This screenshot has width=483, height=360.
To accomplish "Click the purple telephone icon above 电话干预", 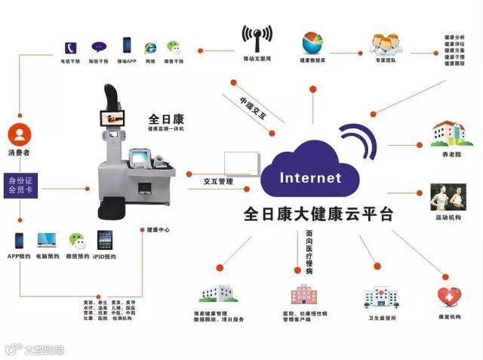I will pos(71,45).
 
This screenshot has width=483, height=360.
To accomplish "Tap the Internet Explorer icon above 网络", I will pos(150,45).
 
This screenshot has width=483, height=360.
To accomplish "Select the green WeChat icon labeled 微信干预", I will pos(174,45).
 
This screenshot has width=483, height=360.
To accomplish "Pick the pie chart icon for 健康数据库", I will pos(313,42).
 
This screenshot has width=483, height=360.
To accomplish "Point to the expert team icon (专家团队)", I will pos(385,42).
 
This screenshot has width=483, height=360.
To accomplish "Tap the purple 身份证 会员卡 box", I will pos(22,185).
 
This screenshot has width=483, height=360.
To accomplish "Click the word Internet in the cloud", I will pos(310,178).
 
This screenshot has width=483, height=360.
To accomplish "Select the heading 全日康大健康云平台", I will pos(318,214).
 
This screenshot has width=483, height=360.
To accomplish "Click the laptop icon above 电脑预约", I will pos(48,241).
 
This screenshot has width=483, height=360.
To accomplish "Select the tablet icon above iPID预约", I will pos(105,241).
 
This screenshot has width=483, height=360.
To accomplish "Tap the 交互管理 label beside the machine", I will pos(219,182).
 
